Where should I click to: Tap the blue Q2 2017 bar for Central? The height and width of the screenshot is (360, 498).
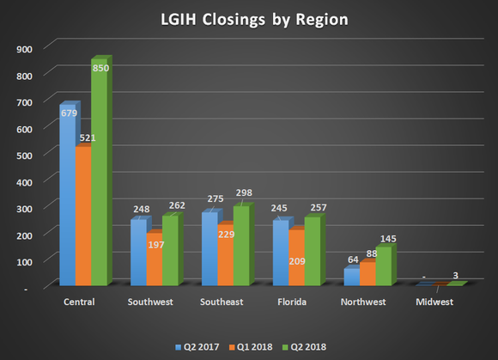coord(65,198)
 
